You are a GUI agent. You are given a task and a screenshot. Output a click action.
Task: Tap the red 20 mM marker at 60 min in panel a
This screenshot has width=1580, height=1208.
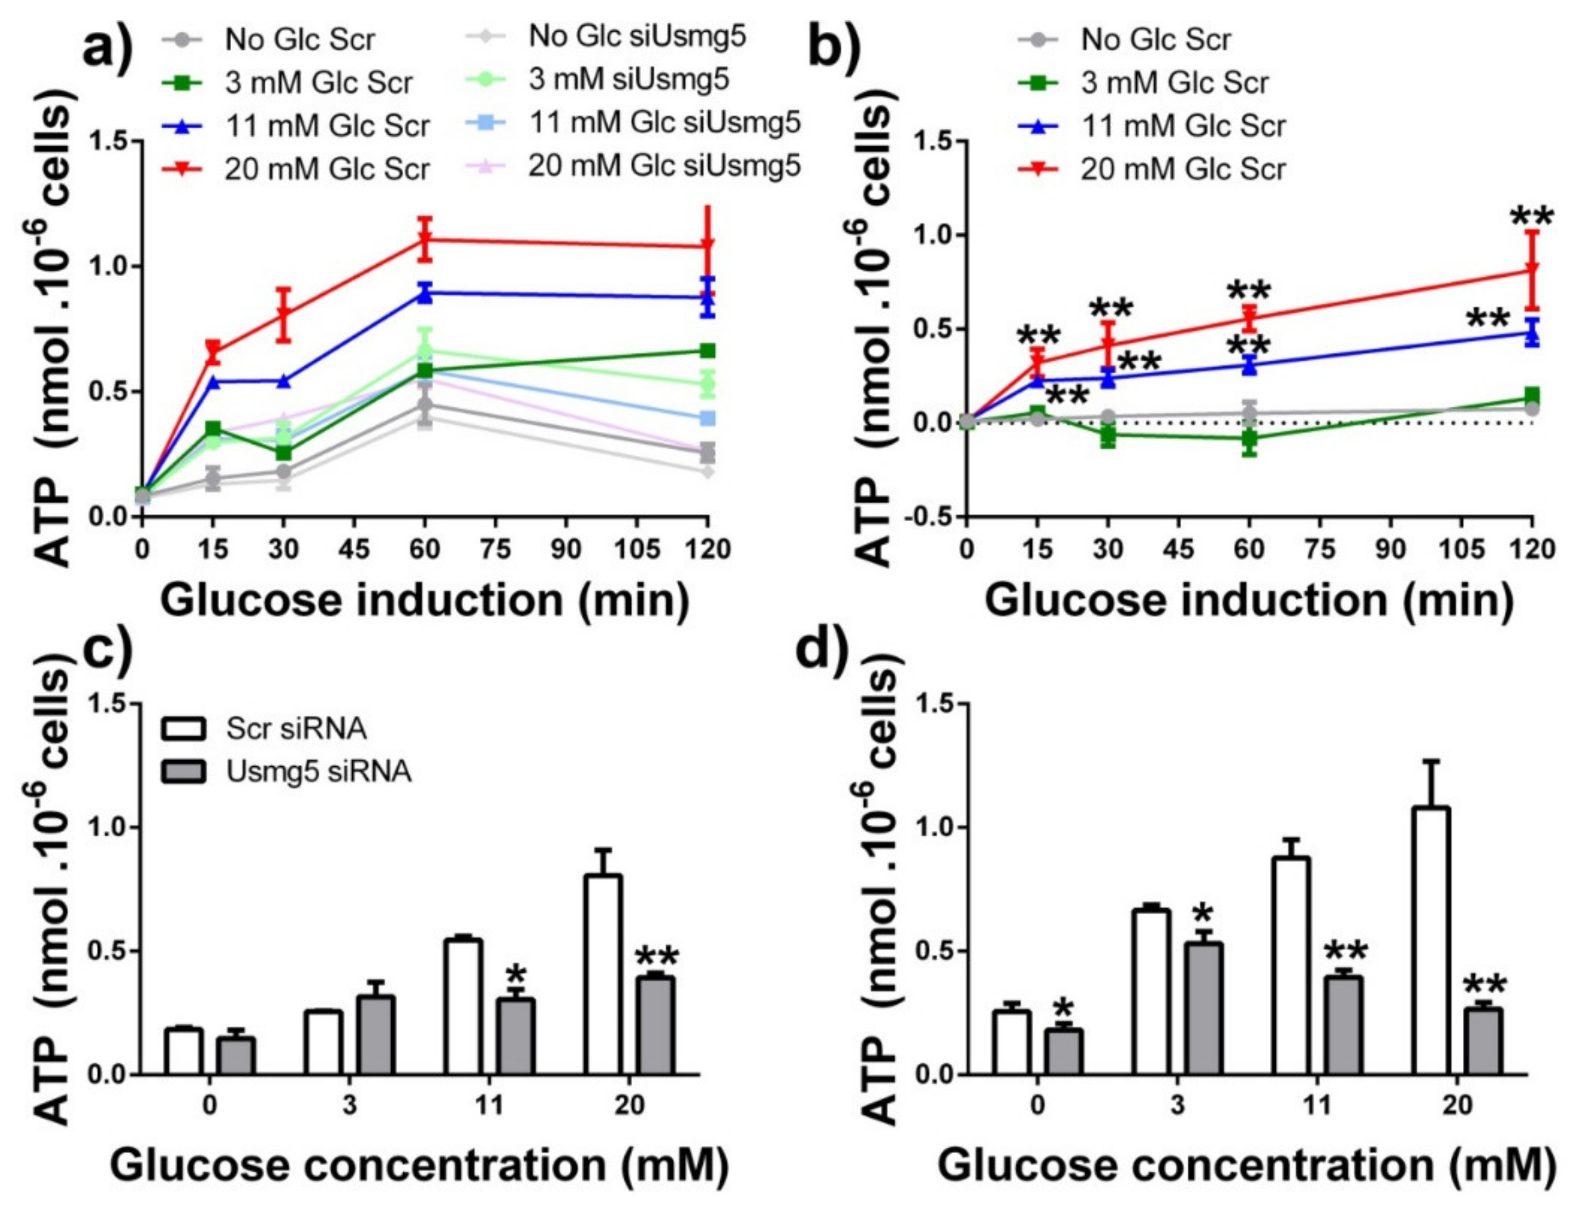(x=425, y=239)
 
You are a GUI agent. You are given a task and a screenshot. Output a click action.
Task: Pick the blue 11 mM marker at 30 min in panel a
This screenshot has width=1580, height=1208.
(x=284, y=380)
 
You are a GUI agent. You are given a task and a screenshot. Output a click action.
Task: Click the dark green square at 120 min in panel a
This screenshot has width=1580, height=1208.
(x=708, y=350)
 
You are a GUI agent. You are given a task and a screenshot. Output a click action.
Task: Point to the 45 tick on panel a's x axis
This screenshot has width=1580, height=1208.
(x=354, y=550)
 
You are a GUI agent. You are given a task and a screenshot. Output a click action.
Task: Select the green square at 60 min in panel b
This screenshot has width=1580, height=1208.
(x=1249, y=438)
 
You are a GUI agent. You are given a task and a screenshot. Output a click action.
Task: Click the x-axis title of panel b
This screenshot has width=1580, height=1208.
(x=1249, y=600)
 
